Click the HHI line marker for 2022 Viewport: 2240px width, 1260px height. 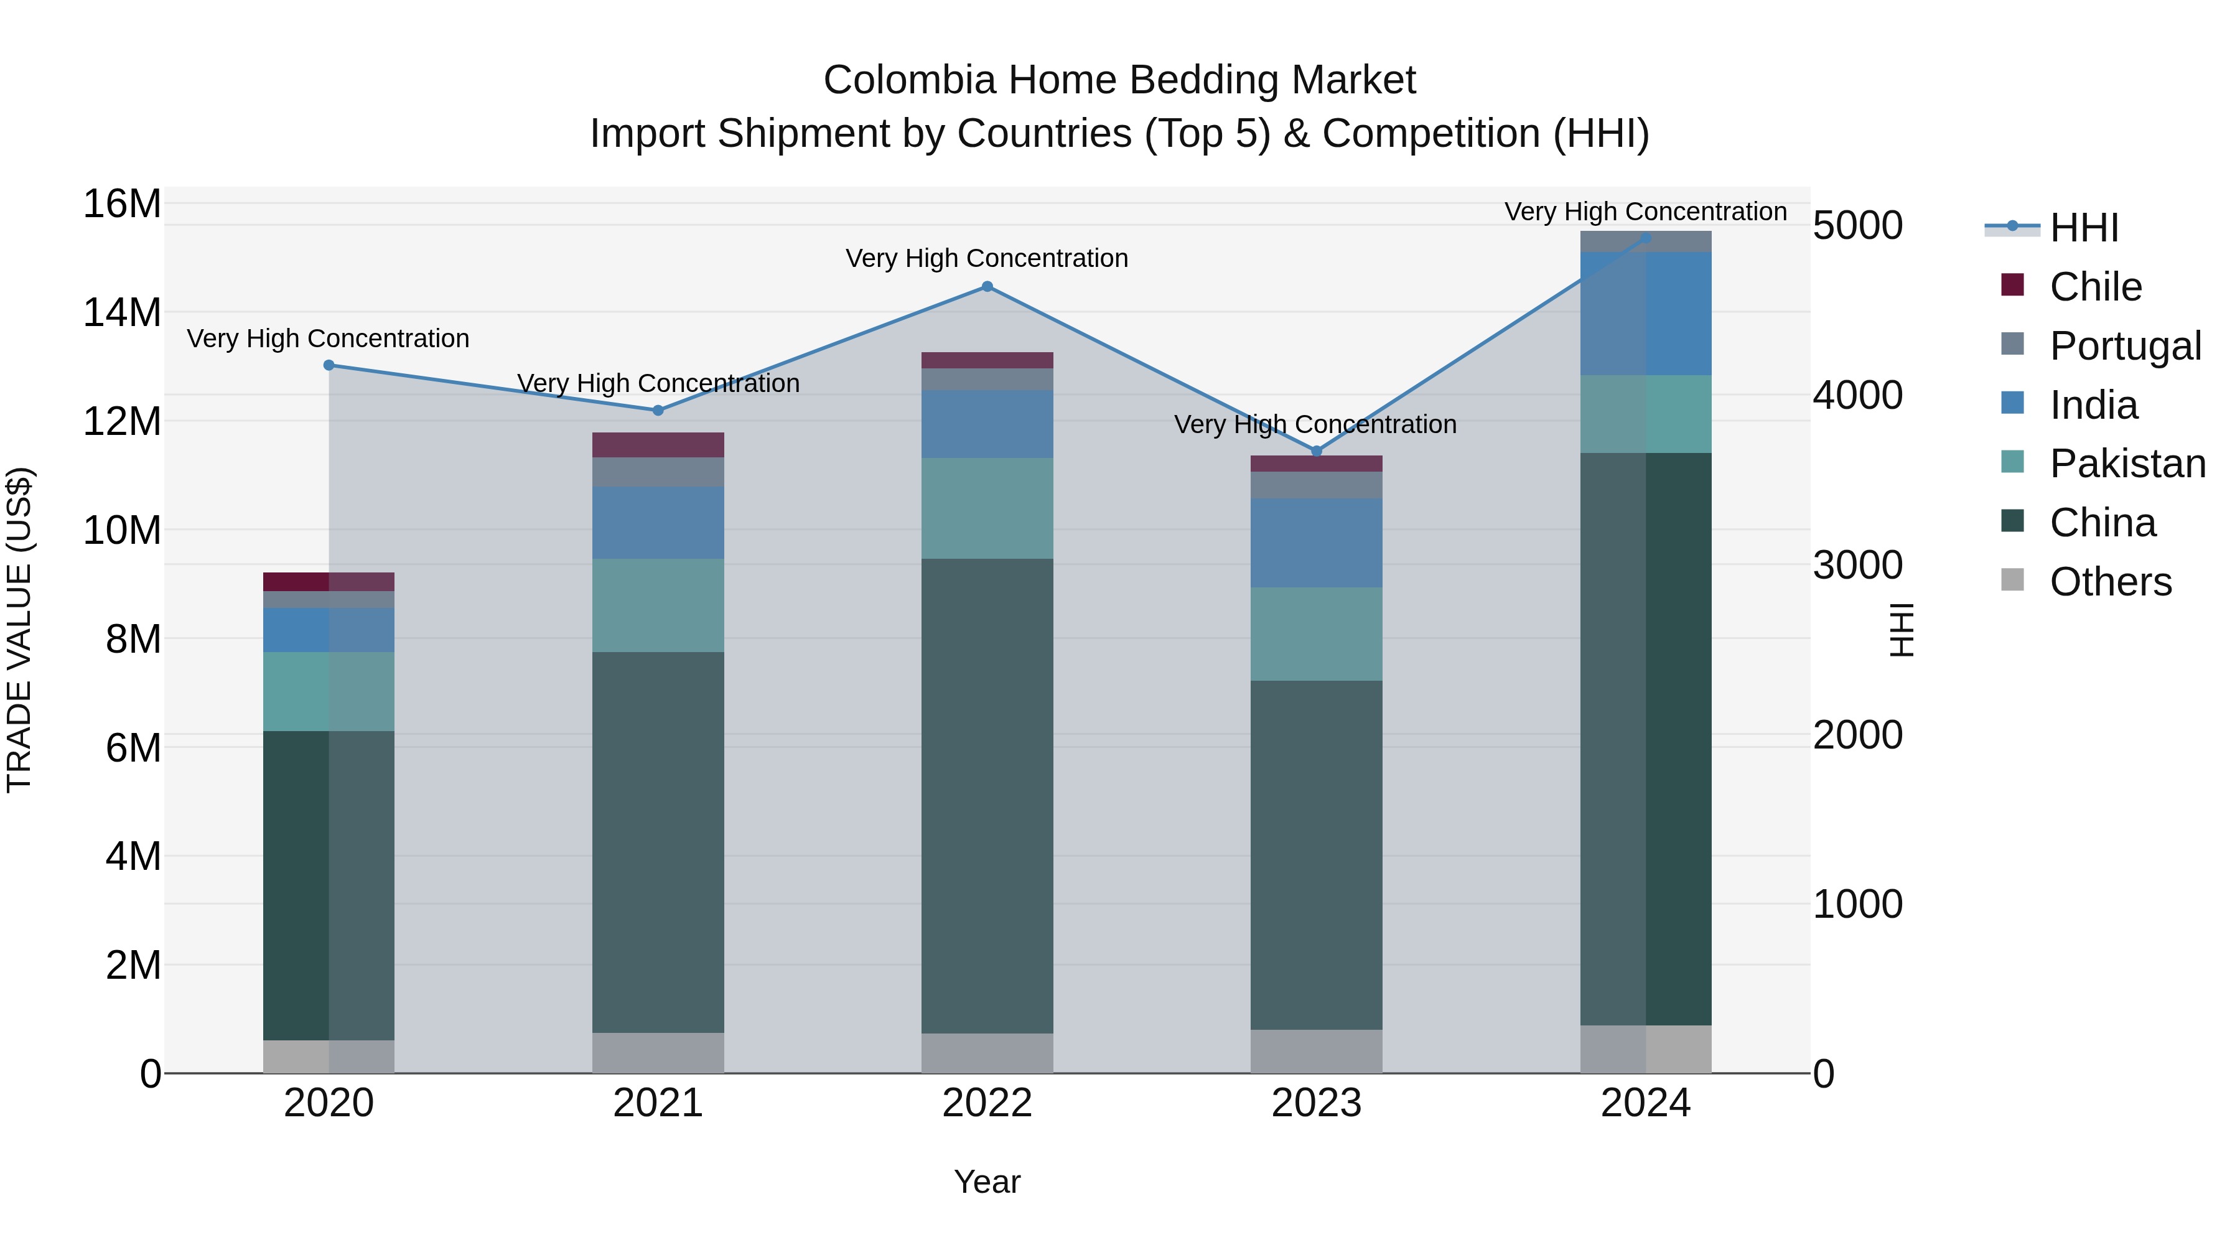pyautogui.click(x=987, y=286)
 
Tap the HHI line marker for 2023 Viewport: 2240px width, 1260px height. pyautogui.click(x=1315, y=450)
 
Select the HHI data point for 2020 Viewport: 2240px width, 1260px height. pyautogui.click(x=329, y=365)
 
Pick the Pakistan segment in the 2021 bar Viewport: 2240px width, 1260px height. pyautogui.click(x=658, y=605)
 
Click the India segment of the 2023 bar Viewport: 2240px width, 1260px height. pyautogui.click(x=1315, y=542)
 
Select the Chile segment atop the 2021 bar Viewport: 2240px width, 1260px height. pyautogui.click(x=658, y=444)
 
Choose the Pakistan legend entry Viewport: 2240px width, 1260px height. pyautogui.click(x=2127, y=464)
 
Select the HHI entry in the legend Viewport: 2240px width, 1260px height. pyautogui.click(x=2083, y=228)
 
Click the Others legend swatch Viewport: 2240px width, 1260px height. pyautogui.click(x=2012, y=580)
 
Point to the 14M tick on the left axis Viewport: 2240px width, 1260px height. pyautogui.click(x=122, y=312)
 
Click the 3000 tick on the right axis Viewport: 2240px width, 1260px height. pyautogui.click(x=1857, y=565)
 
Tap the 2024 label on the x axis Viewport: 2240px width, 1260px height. pyautogui.click(x=1645, y=1103)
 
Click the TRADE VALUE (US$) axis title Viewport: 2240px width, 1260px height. pyautogui.click(x=19, y=630)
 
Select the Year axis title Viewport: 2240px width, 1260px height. pyautogui.click(x=987, y=1182)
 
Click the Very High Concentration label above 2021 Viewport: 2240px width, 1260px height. pyautogui.click(x=658, y=383)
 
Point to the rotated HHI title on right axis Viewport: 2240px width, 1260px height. pyautogui.click(x=1902, y=630)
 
